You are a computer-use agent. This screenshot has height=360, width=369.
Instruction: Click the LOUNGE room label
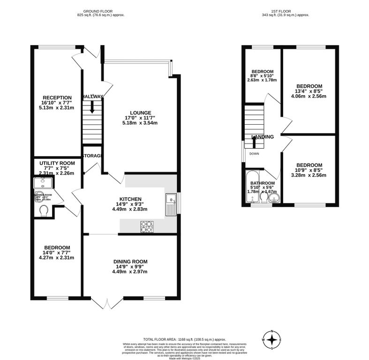tap(141, 112)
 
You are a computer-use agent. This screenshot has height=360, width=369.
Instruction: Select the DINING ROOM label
tap(130, 261)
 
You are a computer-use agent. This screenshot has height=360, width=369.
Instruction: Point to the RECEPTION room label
tap(56, 97)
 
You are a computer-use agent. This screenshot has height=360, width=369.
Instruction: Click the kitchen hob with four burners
tap(146, 226)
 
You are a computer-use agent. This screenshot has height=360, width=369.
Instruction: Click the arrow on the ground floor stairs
tap(92, 106)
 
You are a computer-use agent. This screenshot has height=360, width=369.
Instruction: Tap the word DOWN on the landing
tap(254, 154)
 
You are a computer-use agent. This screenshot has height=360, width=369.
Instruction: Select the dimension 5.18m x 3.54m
tap(141, 123)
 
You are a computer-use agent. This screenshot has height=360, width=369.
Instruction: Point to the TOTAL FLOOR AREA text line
tap(185, 339)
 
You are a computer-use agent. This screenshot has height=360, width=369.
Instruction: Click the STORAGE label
tap(92, 155)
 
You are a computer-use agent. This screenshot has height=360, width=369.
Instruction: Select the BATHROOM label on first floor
tap(262, 183)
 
